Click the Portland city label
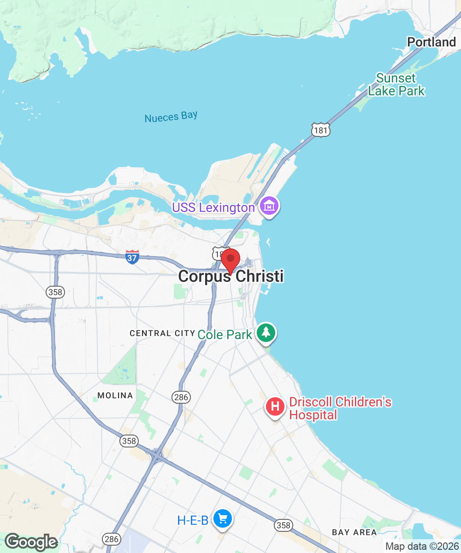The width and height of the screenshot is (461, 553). [x=431, y=42]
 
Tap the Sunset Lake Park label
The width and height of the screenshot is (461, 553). [x=396, y=85]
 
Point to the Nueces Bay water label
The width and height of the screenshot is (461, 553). [x=171, y=117]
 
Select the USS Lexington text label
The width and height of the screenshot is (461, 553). [x=213, y=208]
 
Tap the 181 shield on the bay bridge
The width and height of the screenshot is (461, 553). [x=320, y=130]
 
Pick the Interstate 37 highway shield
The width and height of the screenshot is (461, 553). [x=132, y=257]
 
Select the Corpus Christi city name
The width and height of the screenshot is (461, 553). [x=230, y=276]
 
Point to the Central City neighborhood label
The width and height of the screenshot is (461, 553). [x=162, y=333]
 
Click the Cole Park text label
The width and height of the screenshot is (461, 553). [x=225, y=335]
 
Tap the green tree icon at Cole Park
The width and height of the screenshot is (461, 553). [x=266, y=333]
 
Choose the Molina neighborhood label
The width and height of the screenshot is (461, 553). [x=115, y=395]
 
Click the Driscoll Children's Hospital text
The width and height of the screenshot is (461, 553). [x=340, y=408]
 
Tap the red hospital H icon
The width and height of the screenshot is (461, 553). [x=275, y=407]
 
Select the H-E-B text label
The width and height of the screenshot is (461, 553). [x=193, y=521]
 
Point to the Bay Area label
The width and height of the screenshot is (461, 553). [x=354, y=532]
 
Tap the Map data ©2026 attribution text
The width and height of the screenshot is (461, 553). [x=421, y=547]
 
